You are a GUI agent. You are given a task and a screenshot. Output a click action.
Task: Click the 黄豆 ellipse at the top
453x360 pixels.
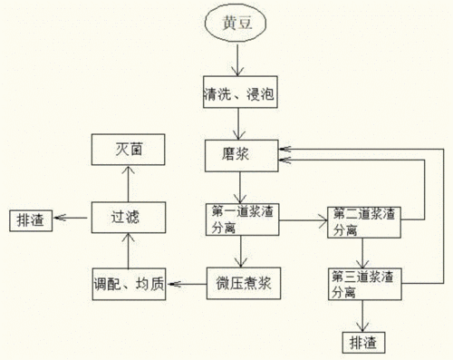point(238,25)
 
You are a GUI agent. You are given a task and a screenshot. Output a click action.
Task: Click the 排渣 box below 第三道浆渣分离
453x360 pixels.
point(363,342)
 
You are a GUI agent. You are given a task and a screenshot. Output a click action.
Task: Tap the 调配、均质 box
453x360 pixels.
point(129,284)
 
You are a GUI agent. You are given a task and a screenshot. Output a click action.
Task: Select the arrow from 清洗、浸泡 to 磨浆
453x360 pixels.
point(238,122)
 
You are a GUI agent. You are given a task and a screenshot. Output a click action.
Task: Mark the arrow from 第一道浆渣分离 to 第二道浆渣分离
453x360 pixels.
point(301,219)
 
